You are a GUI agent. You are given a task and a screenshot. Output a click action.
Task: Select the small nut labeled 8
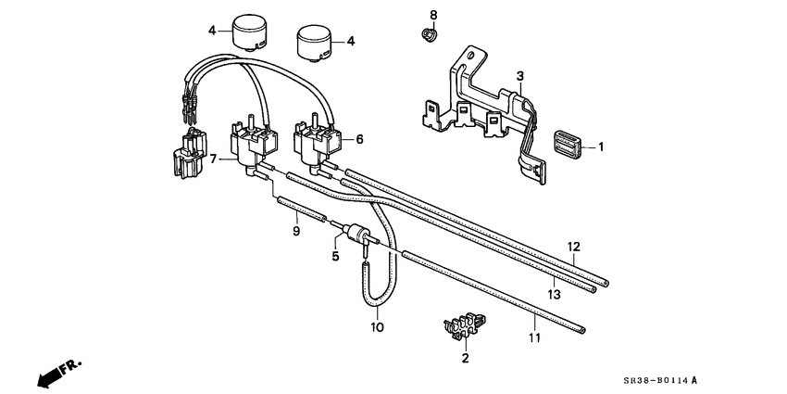point(429,36)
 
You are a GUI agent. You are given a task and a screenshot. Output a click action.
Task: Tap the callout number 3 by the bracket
point(520,75)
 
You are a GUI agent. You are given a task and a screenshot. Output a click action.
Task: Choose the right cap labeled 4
point(314,44)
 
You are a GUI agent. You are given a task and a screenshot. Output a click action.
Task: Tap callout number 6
point(359,139)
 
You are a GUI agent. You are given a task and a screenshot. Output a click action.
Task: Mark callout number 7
point(214,159)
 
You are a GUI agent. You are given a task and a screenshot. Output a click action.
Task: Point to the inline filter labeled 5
point(356,233)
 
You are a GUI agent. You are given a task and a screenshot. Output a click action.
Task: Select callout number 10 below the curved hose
point(378,327)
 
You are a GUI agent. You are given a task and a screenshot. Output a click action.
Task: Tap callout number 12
point(573,246)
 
